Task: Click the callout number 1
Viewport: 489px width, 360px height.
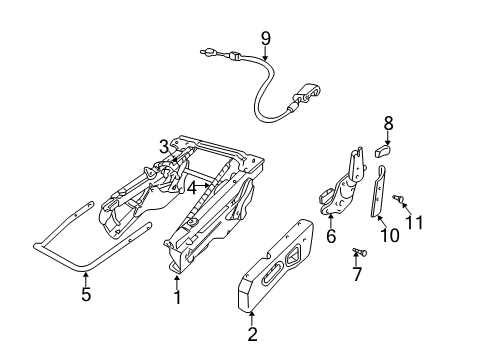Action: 177,297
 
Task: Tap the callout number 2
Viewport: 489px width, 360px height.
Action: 251,335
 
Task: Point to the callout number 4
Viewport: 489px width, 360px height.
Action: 191,185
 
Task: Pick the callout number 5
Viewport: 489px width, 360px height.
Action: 86,295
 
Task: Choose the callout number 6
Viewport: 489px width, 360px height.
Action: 330,238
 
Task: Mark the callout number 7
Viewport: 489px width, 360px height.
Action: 357,274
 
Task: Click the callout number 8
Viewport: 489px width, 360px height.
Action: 389,124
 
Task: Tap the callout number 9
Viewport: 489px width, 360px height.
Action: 265,39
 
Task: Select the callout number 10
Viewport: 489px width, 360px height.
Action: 389,236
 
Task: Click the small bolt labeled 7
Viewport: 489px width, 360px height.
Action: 360,251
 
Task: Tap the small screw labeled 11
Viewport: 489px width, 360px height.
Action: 397,199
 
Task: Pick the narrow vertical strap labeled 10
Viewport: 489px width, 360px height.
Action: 380,194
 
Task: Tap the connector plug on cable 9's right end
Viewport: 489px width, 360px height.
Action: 306,95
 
